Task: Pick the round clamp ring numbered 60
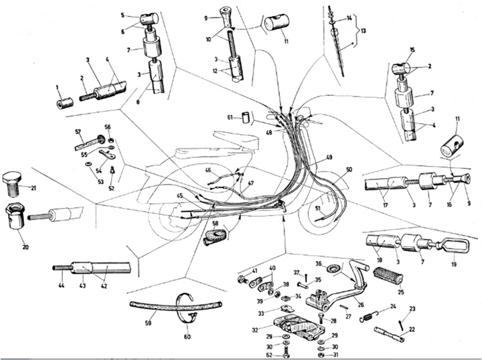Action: coord(189,306)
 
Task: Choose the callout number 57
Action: coord(78,131)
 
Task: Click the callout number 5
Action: coord(123,15)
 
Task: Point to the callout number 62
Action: coord(278,355)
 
